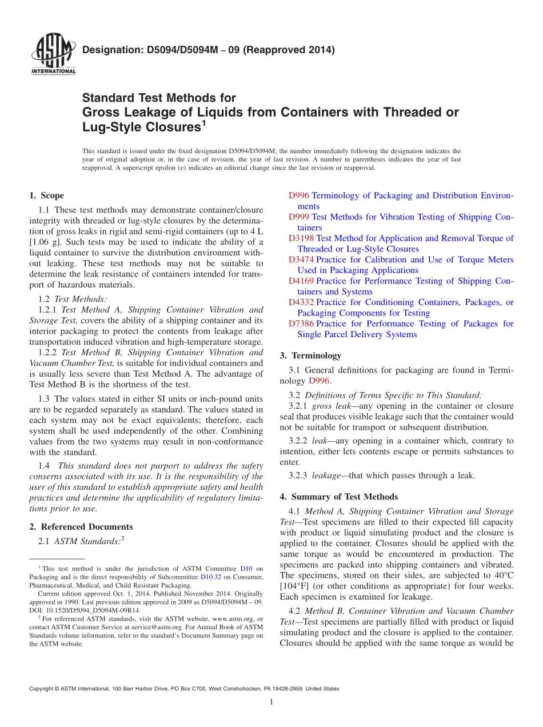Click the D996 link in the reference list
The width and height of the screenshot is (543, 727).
coord(299,195)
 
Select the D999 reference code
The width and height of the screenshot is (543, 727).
coord(299,217)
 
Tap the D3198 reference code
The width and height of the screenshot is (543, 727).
coord(301,238)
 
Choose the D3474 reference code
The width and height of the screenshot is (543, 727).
coord(301,259)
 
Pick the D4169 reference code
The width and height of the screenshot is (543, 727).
coord(301,281)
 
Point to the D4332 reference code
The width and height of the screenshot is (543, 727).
coord(301,302)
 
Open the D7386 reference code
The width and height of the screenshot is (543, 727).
coord(301,323)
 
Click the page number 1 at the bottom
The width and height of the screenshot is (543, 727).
coord(271,702)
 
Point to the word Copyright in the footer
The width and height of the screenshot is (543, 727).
coord(42,689)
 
